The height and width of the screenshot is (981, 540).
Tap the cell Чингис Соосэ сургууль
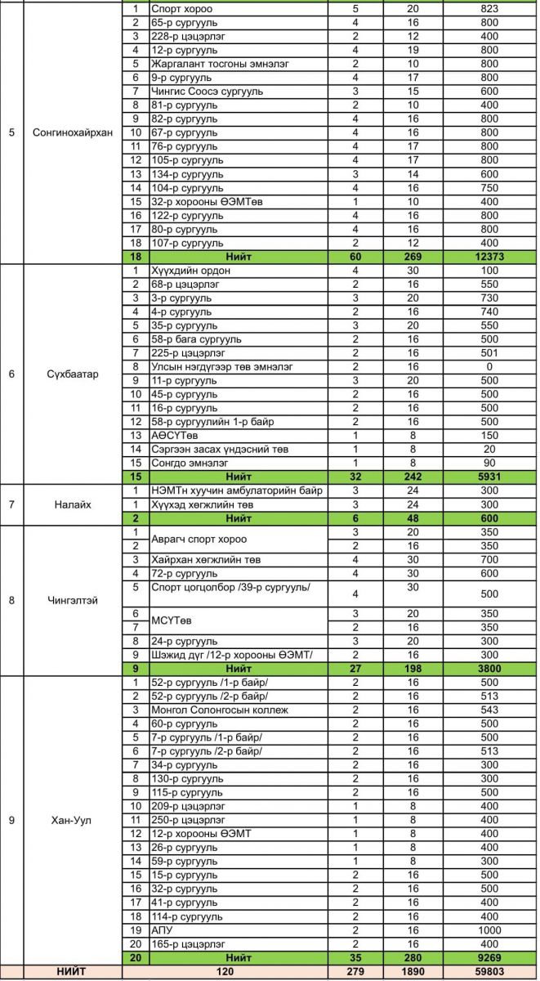click(x=208, y=92)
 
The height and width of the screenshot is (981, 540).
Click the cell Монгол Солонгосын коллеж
click(x=220, y=710)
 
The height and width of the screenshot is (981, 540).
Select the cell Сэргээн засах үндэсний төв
click(x=218, y=450)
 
